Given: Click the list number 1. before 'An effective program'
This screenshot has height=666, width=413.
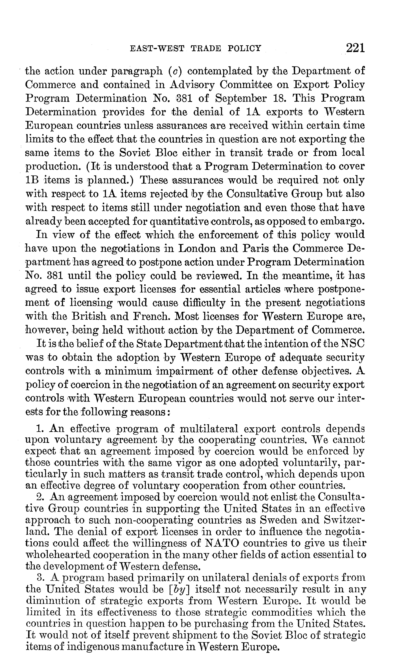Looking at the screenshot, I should coord(40,429).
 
